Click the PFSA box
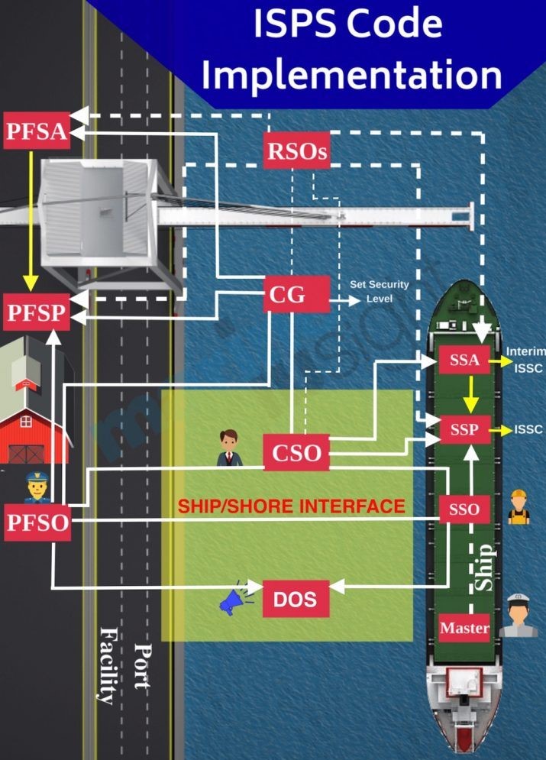(x=37, y=131)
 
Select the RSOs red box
(x=297, y=151)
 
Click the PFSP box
(x=37, y=312)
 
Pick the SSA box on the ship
(x=464, y=361)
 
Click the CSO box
(x=296, y=453)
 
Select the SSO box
(x=464, y=509)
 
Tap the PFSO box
(x=37, y=522)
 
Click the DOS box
(x=296, y=599)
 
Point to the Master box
(x=464, y=629)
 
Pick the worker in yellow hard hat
(x=519, y=508)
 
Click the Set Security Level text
(x=379, y=291)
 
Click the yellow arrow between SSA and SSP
(x=470, y=395)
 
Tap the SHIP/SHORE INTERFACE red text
(x=292, y=506)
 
